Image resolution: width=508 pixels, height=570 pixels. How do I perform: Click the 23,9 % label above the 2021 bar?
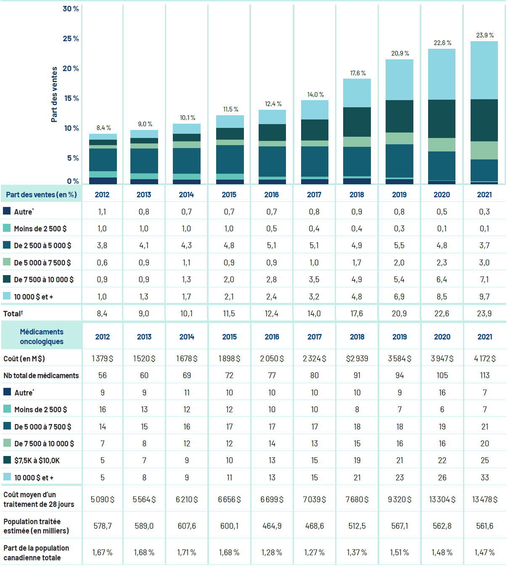pyautogui.click(x=484, y=35)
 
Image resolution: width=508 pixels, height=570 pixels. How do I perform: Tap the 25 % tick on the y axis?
pyautogui.click(x=71, y=39)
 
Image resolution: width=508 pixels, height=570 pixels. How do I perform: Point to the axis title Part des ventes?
pyautogui.click(x=54, y=95)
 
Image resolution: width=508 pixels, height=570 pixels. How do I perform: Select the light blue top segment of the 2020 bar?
pyautogui.click(x=442, y=74)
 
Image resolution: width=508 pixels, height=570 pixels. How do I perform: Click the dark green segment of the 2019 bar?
pyautogui.click(x=399, y=116)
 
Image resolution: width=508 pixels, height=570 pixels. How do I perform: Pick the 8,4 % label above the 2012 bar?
pyautogui.click(x=103, y=128)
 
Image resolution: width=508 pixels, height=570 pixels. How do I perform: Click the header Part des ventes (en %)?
pyautogui.click(x=41, y=195)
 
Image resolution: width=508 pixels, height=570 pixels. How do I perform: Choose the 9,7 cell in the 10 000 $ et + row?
pyautogui.click(x=484, y=297)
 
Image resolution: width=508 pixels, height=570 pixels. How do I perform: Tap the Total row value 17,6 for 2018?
pyautogui.click(x=357, y=313)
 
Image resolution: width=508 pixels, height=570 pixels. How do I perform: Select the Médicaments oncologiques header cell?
pyautogui.click(x=42, y=337)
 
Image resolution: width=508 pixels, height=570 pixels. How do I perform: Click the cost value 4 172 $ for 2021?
pyautogui.click(x=484, y=358)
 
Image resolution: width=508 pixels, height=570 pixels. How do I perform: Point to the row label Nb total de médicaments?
pyautogui.click(x=41, y=376)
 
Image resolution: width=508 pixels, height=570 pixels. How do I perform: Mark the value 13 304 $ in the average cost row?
pyautogui.click(x=442, y=499)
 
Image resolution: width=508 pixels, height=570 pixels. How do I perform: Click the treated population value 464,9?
pyautogui.click(x=272, y=526)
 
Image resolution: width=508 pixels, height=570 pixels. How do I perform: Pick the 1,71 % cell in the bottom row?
pyautogui.click(x=187, y=552)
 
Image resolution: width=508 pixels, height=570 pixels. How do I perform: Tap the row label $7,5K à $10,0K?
pyautogui.click(x=37, y=461)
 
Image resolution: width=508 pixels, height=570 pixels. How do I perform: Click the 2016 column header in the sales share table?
pyautogui.click(x=272, y=195)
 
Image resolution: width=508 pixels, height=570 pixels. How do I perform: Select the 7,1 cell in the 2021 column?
pyautogui.click(x=484, y=279)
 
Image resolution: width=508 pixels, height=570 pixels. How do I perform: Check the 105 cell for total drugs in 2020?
pyautogui.click(x=442, y=376)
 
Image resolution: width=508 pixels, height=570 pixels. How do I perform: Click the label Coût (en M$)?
pyautogui.click(x=24, y=358)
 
